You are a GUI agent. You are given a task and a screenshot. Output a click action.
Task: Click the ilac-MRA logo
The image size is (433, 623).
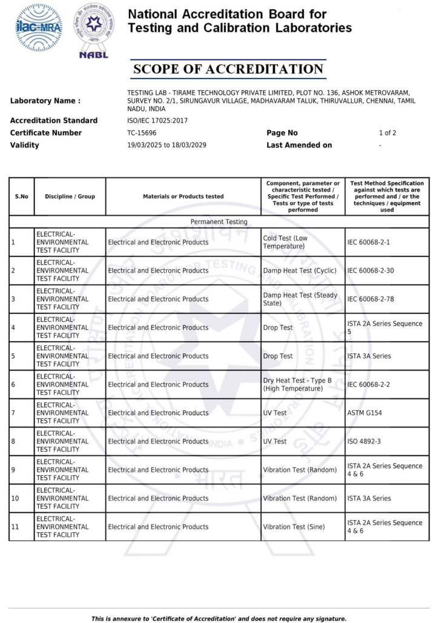point(38,27)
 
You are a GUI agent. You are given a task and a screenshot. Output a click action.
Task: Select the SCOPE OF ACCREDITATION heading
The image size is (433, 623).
point(228,69)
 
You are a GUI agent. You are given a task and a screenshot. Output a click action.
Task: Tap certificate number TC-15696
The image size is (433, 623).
point(142,133)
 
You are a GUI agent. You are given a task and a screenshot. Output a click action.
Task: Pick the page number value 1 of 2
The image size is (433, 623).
point(387,133)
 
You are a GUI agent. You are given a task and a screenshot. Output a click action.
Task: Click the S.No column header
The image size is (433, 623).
point(21,197)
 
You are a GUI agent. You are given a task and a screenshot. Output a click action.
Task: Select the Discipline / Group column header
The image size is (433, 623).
point(70,197)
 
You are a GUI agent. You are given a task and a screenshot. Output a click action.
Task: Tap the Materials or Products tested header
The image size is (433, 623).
point(183,197)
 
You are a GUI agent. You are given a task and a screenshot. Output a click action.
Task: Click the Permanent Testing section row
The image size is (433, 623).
point(219,222)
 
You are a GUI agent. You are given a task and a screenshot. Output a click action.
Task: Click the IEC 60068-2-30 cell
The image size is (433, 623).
point(370,271)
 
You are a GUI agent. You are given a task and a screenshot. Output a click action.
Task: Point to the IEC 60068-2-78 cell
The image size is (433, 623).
point(370,299)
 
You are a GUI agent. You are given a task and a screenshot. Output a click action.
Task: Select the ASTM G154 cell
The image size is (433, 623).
point(365,413)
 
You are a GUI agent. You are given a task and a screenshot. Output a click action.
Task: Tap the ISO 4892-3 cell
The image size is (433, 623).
point(364,442)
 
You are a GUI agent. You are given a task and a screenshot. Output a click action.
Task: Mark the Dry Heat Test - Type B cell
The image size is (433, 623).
point(293,385)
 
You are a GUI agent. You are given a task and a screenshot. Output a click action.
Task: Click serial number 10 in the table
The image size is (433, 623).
point(15,498)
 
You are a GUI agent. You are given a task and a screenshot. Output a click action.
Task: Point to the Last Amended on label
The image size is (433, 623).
point(299,145)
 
